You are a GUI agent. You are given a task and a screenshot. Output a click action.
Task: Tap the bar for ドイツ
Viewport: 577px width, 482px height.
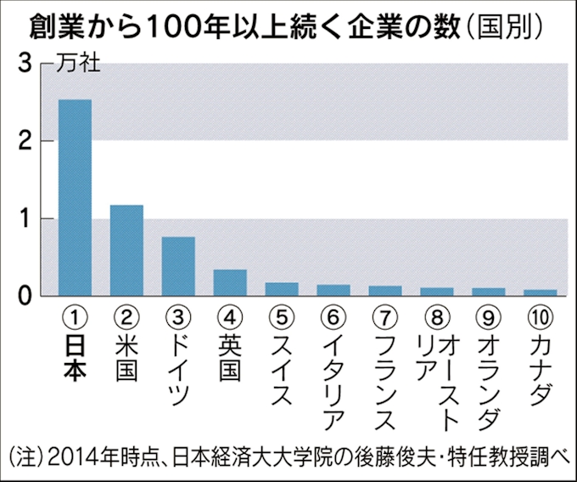pos(178,266)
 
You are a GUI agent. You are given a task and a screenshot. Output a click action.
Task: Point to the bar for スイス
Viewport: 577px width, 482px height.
pos(282,289)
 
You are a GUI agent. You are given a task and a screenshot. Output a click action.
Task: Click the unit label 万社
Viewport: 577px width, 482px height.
pos(78,65)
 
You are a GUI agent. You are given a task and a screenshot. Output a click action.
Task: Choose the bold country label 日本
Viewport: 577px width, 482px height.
pos(75,359)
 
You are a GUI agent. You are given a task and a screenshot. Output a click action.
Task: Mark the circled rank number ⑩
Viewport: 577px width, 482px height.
pos(541,317)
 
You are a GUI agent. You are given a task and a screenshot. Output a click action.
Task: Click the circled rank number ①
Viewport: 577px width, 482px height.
pos(75,317)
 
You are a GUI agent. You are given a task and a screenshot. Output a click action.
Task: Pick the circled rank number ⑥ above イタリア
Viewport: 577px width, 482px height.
pos(333,317)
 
